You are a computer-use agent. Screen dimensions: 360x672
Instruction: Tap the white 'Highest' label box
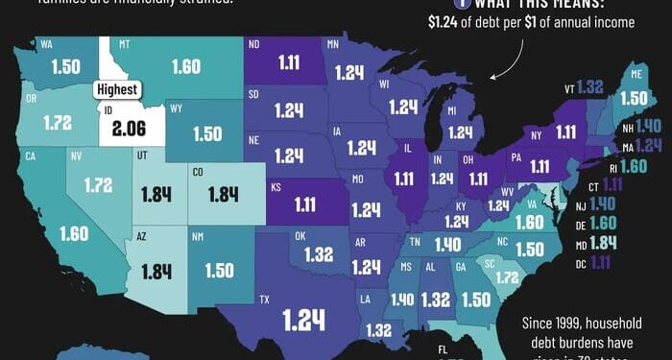[x=117, y=90]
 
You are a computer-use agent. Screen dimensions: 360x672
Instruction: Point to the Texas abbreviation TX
[x=264, y=300]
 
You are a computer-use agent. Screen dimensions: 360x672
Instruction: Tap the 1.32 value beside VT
[x=590, y=87]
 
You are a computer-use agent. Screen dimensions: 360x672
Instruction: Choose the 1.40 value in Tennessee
[x=447, y=245]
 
